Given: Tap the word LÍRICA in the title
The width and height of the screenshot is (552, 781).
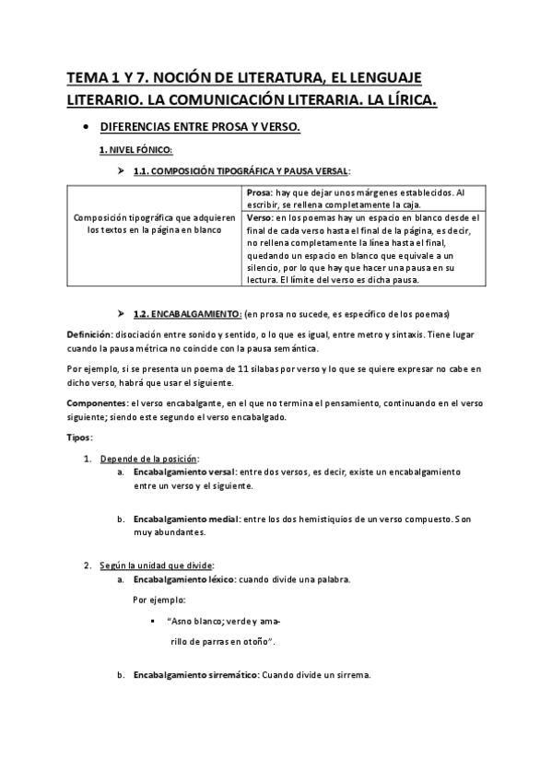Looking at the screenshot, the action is [405, 97].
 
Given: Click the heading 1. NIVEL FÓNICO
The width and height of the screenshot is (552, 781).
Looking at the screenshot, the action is [135, 149].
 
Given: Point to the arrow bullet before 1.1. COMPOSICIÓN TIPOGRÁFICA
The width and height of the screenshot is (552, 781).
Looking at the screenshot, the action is [122, 171].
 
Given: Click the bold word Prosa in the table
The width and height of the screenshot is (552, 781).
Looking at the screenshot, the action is [262, 192].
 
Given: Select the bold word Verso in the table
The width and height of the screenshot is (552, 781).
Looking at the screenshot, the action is [262, 216].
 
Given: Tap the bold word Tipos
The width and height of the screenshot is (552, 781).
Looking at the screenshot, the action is [79, 437].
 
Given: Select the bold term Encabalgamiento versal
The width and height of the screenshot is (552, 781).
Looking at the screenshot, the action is [185, 472].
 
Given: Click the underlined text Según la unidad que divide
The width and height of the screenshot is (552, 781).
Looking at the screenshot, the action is [158, 565].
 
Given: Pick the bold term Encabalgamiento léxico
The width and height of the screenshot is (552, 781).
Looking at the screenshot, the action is [183, 579].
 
